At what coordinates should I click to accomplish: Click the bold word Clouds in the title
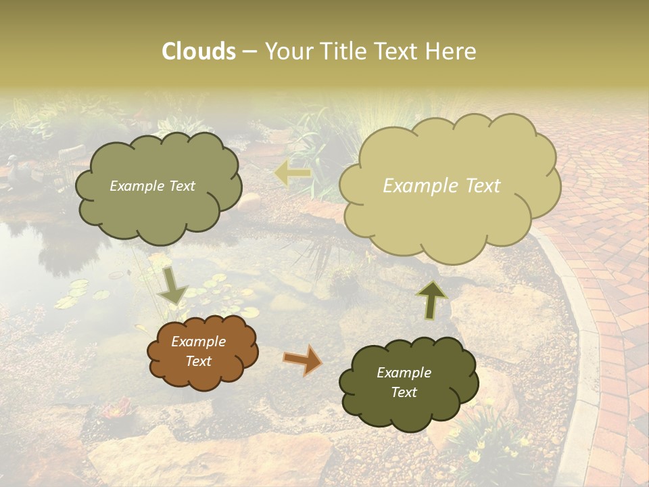(199, 51)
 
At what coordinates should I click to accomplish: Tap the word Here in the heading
(452, 51)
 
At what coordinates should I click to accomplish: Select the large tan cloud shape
(449, 186)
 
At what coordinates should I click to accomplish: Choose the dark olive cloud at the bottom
(408, 383)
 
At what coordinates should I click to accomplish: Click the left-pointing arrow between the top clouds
(292, 174)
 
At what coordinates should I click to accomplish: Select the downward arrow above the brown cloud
(173, 287)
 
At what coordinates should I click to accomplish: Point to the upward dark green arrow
(431, 299)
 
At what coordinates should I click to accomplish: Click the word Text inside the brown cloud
(198, 361)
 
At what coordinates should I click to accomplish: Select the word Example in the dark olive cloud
(404, 373)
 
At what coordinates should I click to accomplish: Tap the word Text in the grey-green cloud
(181, 186)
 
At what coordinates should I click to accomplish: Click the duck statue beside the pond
(14, 166)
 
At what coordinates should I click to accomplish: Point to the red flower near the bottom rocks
(117, 408)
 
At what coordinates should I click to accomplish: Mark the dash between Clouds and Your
(249, 52)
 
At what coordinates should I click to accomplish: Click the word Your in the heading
(285, 51)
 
